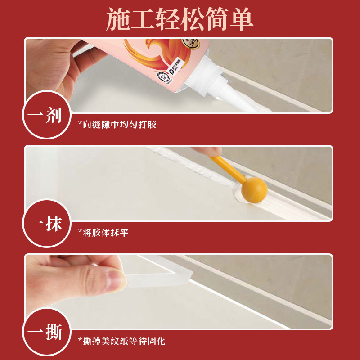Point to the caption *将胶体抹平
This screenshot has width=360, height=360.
(103, 233)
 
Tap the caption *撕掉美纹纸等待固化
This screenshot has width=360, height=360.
(121, 341)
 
